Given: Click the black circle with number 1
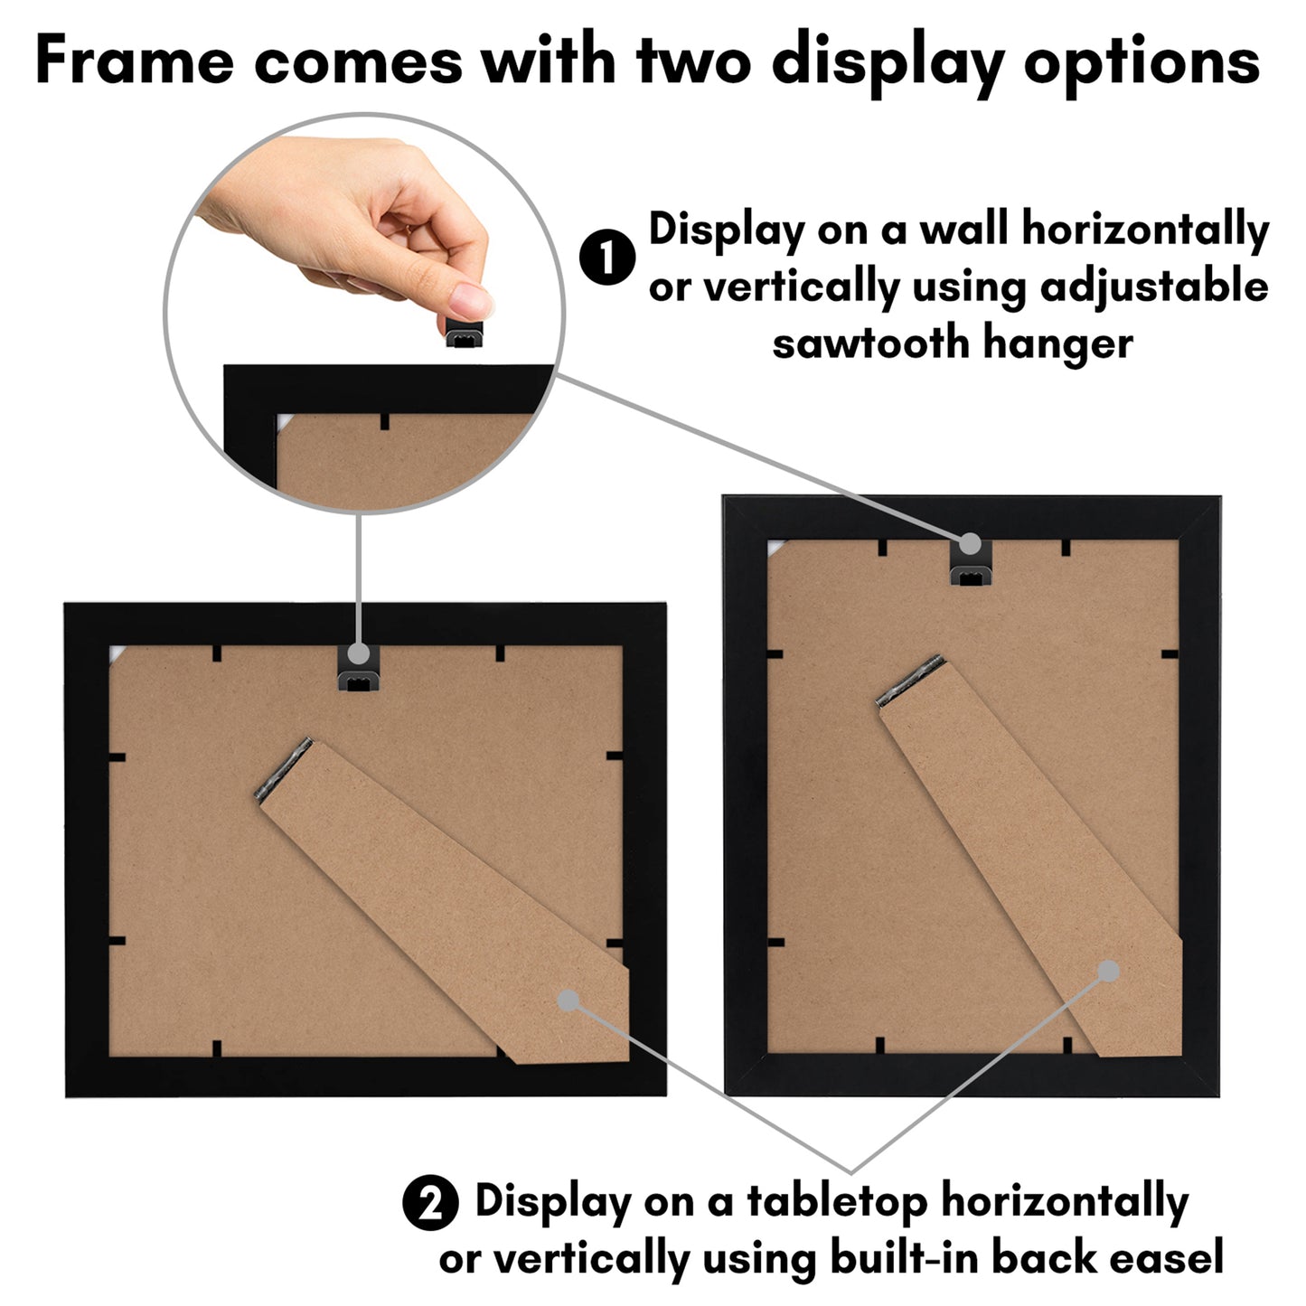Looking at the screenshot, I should (607, 258).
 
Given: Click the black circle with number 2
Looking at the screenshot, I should (430, 1203).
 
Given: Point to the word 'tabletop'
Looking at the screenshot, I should (837, 1202).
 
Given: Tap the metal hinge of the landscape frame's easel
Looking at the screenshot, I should (285, 771).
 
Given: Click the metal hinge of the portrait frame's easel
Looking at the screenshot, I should (910, 680).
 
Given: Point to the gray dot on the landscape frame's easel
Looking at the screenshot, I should (568, 1000).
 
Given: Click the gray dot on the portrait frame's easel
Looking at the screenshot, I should (1109, 972).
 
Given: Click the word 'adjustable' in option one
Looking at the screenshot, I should (1154, 288).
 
